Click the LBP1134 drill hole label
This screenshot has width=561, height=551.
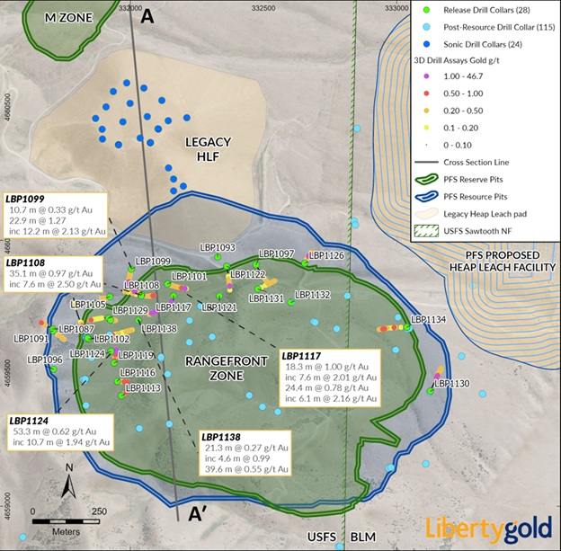point(428,319)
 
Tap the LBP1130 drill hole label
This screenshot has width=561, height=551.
point(451,384)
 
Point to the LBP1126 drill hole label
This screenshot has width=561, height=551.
point(326,255)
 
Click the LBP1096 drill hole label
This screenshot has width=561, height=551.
point(44,360)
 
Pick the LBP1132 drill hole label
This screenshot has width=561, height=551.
point(313,294)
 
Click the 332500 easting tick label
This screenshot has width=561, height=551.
point(263,8)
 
